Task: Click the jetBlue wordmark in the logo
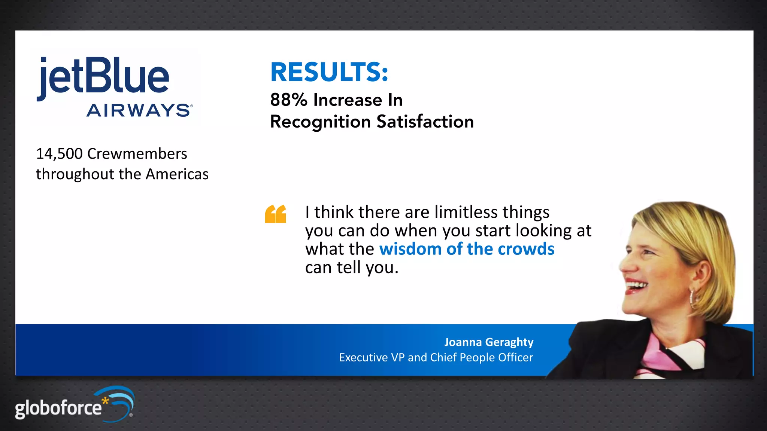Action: [103, 77]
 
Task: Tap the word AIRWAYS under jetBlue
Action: [139, 110]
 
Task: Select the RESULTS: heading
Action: [329, 72]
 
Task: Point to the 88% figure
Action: [289, 100]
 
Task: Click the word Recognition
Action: [321, 122]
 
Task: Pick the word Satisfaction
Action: [425, 122]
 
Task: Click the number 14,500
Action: [59, 154]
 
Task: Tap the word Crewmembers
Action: [137, 154]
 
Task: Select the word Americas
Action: [177, 174]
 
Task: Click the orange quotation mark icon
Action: [276, 214]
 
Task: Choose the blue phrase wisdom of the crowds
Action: [467, 249]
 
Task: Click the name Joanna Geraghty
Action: [489, 342]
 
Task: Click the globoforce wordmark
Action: [58, 408]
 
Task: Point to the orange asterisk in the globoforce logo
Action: [105, 401]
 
